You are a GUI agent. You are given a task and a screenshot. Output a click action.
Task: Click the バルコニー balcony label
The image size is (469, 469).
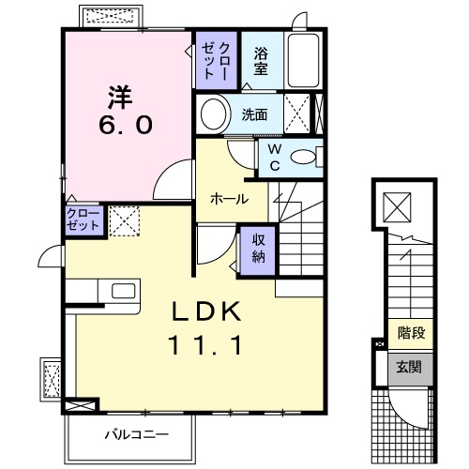pyautogui.click(x=135, y=434)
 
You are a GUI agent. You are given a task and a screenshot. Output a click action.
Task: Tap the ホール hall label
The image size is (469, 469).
pyautogui.click(x=229, y=199)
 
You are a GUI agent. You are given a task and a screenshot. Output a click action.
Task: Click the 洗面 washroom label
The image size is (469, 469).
pyautogui.click(x=255, y=115)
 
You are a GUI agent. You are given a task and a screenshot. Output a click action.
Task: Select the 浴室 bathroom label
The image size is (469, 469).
pyautogui.click(x=261, y=60)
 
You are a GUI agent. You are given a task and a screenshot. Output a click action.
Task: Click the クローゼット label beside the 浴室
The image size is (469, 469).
pyautogui.click(x=217, y=60)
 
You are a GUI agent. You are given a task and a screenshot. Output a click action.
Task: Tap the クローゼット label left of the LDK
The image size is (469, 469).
pyautogui.click(x=83, y=220)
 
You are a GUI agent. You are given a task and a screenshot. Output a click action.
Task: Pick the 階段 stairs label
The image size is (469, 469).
pyautogui.click(x=410, y=331)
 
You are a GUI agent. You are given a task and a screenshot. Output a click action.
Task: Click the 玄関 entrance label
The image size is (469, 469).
pyautogui.click(x=409, y=367)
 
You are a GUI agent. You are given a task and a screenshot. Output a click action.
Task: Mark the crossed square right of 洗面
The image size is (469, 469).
pyautogui.click(x=300, y=115)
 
